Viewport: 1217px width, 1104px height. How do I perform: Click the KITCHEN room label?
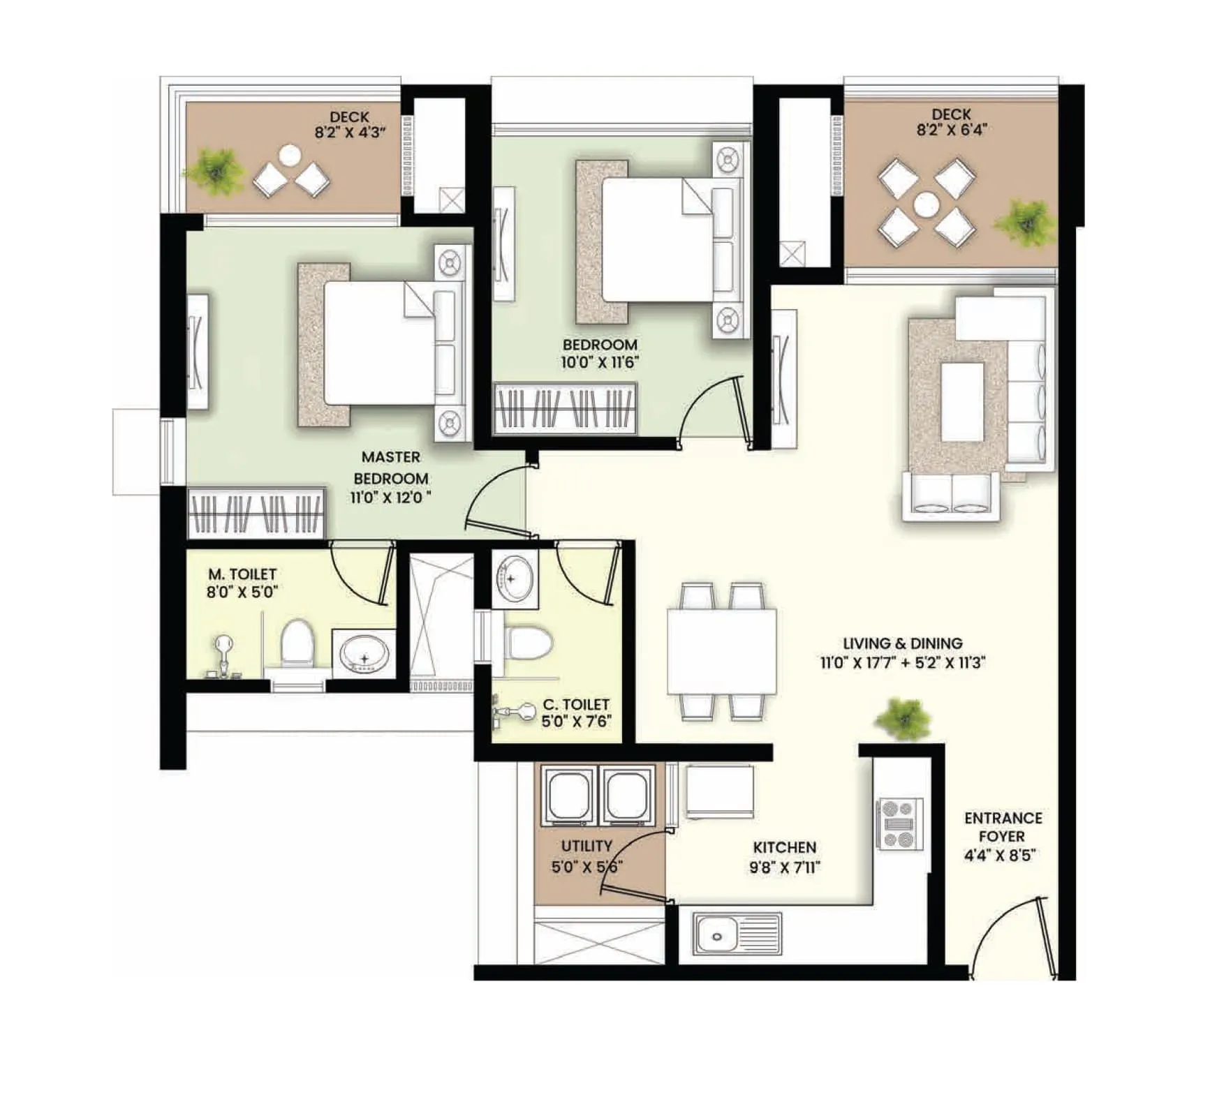click(784, 847)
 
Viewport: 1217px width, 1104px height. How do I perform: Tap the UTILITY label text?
click(587, 846)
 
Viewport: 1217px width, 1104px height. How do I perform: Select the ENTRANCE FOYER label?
click(1003, 827)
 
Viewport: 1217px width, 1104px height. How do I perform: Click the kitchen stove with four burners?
click(899, 824)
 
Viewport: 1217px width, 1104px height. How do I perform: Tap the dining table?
click(721, 651)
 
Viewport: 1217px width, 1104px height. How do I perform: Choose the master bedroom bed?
click(381, 343)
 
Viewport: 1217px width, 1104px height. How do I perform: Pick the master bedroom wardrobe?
click(256, 513)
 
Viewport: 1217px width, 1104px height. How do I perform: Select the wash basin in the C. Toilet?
click(515, 578)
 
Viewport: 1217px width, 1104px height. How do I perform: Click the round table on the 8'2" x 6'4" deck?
click(927, 204)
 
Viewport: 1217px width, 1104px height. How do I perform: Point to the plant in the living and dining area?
click(903, 718)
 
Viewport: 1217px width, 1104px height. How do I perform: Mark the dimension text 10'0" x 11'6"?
click(600, 362)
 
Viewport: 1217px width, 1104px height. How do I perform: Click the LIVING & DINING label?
click(902, 643)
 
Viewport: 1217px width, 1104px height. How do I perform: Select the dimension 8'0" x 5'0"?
click(242, 592)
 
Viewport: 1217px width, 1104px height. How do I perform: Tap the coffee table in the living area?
click(962, 401)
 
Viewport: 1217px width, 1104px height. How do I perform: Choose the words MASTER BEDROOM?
click(391, 468)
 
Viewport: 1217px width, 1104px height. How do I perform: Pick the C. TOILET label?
click(576, 704)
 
